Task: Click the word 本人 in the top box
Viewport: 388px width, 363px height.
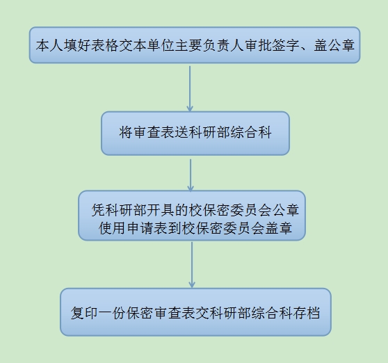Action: [x=49, y=45]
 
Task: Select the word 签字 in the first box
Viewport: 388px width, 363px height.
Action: [x=286, y=45]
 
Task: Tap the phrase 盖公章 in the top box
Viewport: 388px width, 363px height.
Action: [x=334, y=45]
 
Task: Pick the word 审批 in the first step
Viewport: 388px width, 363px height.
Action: [x=258, y=45]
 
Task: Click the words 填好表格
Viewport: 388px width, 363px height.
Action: [x=91, y=45]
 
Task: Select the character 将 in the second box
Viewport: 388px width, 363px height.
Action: [x=126, y=132]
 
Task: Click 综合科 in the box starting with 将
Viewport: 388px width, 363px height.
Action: [x=251, y=132]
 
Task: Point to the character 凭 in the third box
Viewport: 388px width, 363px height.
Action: [x=99, y=210]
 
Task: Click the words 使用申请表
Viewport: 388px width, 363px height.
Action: [x=134, y=228]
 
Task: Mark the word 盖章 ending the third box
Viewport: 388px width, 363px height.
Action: [x=279, y=228]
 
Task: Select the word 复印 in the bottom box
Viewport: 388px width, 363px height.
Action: [x=85, y=313]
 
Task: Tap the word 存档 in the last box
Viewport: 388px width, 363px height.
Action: [x=307, y=313]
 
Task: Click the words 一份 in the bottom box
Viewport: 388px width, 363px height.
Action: [x=113, y=313]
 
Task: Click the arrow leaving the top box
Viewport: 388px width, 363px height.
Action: [x=190, y=89]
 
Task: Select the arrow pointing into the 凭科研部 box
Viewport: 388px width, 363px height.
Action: [x=191, y=175]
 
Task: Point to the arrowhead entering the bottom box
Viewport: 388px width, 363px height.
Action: [x=192, y=284]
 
